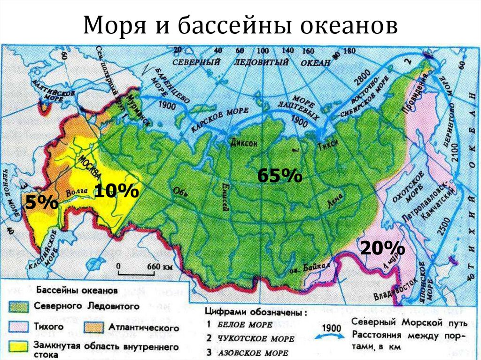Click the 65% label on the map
279,176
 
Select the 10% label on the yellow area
116,191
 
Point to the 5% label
42,203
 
